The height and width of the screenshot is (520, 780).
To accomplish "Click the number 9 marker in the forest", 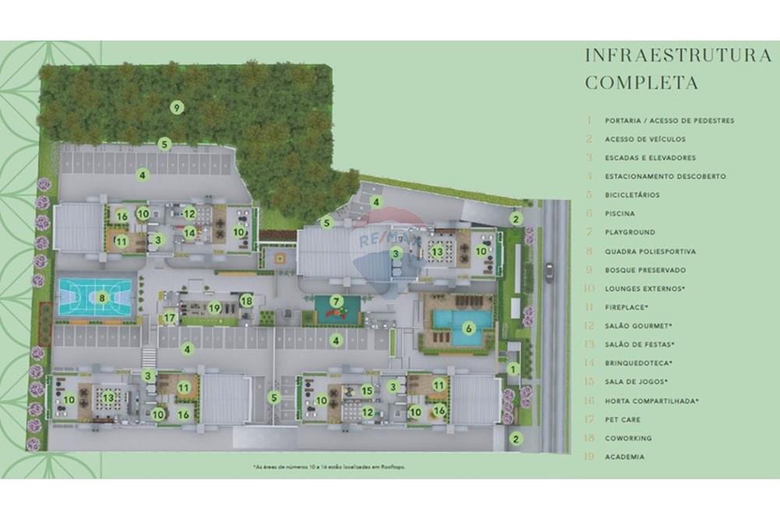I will [x=177, y=108].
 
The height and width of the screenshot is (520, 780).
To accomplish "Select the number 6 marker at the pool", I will [x=469, y=329].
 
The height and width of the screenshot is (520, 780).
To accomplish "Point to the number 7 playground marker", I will [x=336, y=301].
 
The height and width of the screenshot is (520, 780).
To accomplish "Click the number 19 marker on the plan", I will [x=214, y=308].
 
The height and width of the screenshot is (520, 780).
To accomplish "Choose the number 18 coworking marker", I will [x=246, y=300].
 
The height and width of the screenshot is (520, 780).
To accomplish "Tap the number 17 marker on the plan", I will [x=169, y=318].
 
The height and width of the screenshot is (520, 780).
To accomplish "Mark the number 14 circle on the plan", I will [x=189, y=232].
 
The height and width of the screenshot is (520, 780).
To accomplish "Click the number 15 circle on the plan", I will [x=367, y=391].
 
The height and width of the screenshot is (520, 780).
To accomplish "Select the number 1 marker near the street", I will [x=512, y=369].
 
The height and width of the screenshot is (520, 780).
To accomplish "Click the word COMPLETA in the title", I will [x=641, y=83].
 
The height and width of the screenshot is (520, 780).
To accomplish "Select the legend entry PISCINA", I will [x=619, y=214].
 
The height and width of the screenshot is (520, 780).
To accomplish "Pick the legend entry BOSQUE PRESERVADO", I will [x=645, y=270].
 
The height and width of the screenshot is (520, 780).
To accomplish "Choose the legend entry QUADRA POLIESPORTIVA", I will [x=650, y=251].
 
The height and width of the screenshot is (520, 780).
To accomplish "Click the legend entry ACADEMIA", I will [x=624, y=457].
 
